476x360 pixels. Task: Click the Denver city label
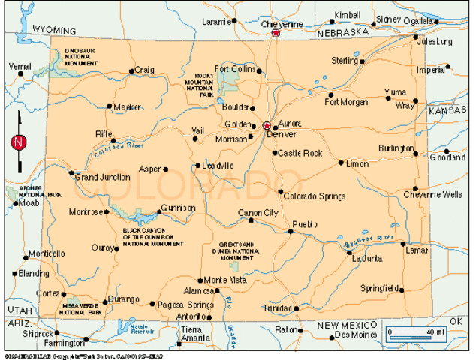[282, 135]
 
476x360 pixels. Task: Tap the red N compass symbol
[19, 142]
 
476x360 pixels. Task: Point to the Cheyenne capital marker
[276, 34]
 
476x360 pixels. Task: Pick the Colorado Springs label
[315, 196]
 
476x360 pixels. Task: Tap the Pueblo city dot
[291, 231]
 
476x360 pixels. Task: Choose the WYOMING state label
[54, 30]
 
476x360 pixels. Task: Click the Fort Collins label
[235, 69]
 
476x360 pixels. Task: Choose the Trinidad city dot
[296, 307]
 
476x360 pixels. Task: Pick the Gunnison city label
[179, 208]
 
